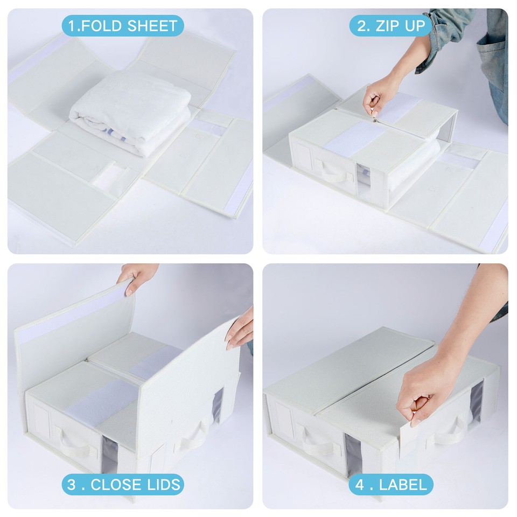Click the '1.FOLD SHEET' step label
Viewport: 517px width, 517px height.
click(122, 25)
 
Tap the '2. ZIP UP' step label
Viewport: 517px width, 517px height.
click(390, 25)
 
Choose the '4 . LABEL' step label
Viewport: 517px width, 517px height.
click(390, 484)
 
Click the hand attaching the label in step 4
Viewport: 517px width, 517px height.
click(425, 388)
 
